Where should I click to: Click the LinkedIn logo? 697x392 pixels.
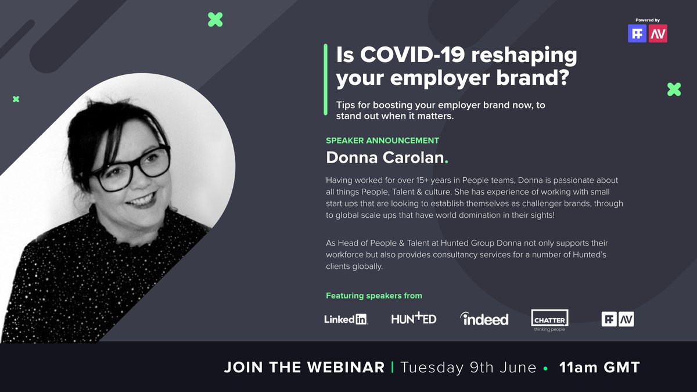click(346, 319)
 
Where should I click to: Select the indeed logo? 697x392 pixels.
click(484, 319)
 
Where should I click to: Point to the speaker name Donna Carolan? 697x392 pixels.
click(384, 157)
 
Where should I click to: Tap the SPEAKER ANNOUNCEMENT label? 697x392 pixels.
click(382, 141)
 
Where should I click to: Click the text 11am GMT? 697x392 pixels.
click(599, 367)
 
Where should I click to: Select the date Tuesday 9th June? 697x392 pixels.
click(468, 367)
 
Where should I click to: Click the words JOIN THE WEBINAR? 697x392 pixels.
click(304, 367)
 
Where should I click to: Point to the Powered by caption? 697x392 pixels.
click(648, 20)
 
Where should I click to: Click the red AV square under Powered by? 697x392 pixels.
click(658, 33)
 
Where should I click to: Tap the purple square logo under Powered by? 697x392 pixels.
click(637, 33)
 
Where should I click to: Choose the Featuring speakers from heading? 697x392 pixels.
click(374, 296)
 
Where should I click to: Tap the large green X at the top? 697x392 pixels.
click(215, 20)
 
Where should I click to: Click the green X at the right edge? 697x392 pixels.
click(674, 89)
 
